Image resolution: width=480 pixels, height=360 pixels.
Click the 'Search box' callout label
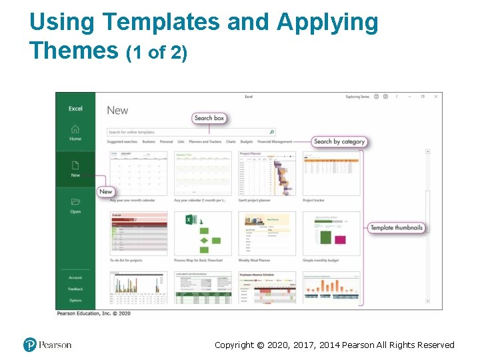[x=209, y=118]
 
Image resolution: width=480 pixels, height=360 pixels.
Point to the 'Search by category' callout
[x=339, y=141]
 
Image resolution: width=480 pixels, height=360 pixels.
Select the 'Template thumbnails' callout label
[x=396, y=227]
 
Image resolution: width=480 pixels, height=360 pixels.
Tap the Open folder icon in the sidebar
[x=75, y=202]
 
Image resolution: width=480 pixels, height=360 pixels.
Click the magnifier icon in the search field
[x=272, y=132]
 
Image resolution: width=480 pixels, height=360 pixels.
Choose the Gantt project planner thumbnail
[x=267, y=173]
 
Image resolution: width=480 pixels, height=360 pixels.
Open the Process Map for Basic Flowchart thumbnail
[x=203, y=233]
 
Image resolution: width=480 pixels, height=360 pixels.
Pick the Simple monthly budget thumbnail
[x=331, y=233]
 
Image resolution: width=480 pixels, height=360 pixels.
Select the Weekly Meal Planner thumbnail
[x=267, y=233]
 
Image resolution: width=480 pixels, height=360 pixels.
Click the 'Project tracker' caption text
[x=313, y=200]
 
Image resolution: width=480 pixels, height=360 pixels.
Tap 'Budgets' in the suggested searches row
[x=247, y=142]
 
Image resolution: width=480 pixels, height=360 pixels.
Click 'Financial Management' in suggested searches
[x=275, y=142]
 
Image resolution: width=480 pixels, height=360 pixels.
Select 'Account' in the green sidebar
[x=75, y=277]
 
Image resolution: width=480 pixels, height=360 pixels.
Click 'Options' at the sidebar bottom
[x=75, y=300]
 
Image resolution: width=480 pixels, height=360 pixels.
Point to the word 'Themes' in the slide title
[x=73, y=51]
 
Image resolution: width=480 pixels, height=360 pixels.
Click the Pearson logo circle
[x=30, y=345]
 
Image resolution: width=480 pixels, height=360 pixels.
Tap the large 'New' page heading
[x=117, y=111]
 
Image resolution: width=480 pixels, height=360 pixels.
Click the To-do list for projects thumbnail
[x=139, y=233]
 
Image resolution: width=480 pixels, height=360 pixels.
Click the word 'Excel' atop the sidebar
[x=75, y=108]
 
